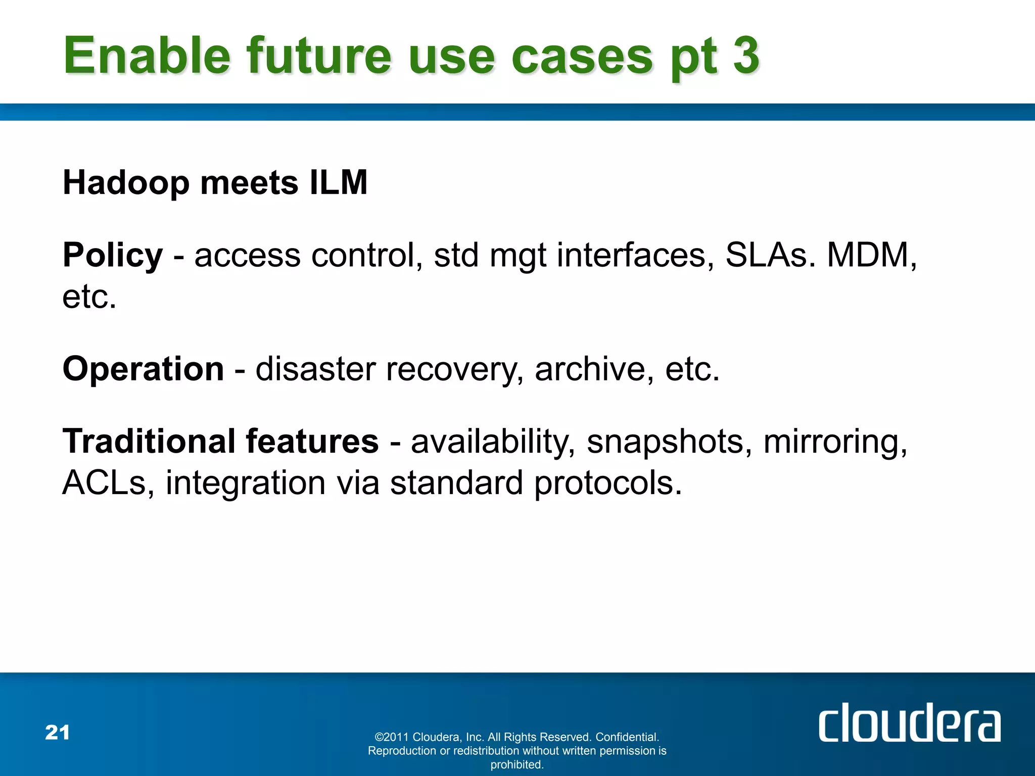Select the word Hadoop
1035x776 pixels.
[x=126, y=183]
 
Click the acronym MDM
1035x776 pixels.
[x=868, y=255]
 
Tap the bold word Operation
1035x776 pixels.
[x=143, y=369]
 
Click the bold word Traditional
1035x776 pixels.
[x=149, y=441]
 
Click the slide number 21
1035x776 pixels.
[x=57, y=733]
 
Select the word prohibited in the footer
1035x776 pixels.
[x=516, y=765]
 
